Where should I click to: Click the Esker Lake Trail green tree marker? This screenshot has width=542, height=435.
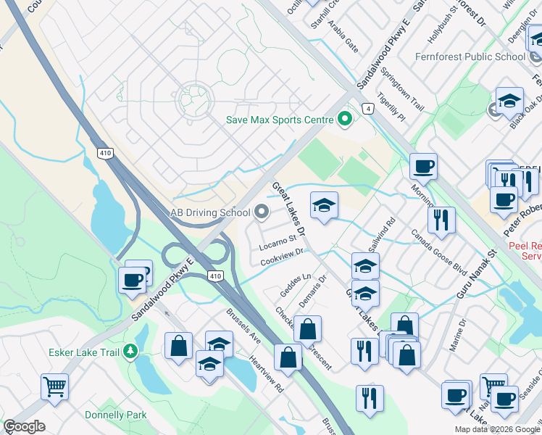pos(130,352)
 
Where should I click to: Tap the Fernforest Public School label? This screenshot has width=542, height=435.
pos(470,57)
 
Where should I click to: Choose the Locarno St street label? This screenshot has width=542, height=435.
pos(278,239)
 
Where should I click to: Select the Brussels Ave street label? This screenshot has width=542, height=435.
pos(243,327)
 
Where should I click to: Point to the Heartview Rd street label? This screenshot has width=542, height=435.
pos(265,373)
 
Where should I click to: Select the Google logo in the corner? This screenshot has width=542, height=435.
pos(24,426)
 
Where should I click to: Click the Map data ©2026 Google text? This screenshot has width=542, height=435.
pos(496,429)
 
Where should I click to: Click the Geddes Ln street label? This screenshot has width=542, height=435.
pos(296,286)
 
